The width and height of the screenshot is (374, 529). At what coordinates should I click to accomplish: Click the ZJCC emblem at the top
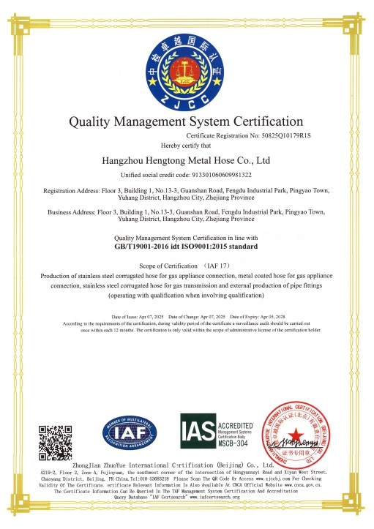pos(186,67)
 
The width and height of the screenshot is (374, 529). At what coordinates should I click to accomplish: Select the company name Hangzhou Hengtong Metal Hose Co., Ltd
pos(186,159)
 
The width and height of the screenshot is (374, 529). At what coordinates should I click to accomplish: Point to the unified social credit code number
pos(220,176)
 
